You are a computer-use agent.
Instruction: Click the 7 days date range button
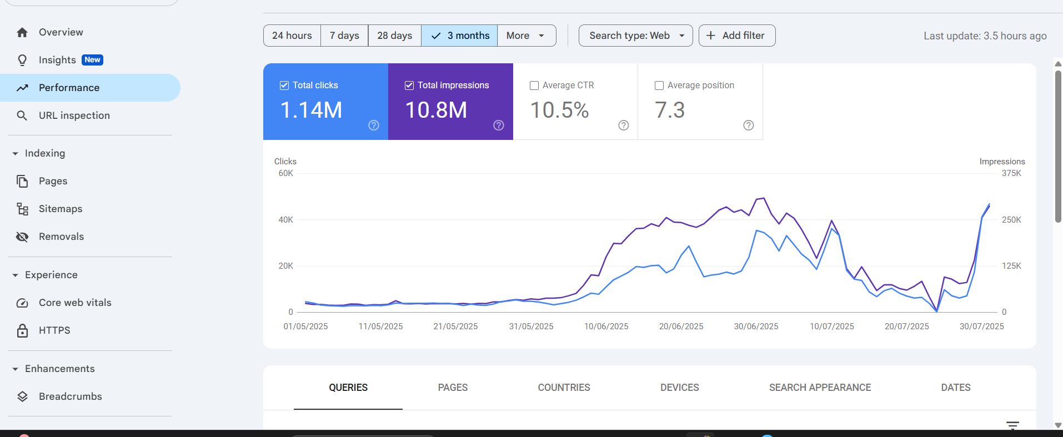pos(344,36)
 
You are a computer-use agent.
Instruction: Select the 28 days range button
pos(394,36)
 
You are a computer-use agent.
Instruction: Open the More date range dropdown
pos(525,36)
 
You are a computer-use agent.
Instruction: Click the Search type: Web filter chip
pos(635,36)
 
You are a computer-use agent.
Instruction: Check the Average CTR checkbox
pos(534,86)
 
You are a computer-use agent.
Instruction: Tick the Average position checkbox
pos(659,86)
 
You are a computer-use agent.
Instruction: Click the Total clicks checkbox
pos(284,86)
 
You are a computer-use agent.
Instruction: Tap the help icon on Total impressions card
pos(499,125)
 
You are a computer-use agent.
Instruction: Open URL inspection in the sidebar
pos(74,115)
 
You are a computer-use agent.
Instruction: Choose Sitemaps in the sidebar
pos(60,209)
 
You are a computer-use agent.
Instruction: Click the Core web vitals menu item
pos(75,303)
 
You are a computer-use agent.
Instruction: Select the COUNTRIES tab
pos(564,388)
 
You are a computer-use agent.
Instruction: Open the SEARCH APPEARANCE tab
pos(820,388)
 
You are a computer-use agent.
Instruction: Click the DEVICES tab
pos(679,388)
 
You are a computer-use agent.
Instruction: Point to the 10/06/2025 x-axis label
pos(606,327)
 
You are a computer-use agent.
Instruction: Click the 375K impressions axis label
pos(1011,173)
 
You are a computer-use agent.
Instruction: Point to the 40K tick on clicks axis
pos(285,220)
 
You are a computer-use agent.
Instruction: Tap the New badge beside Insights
pos(92,60)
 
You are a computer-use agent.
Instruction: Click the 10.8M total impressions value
pos(436,110)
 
